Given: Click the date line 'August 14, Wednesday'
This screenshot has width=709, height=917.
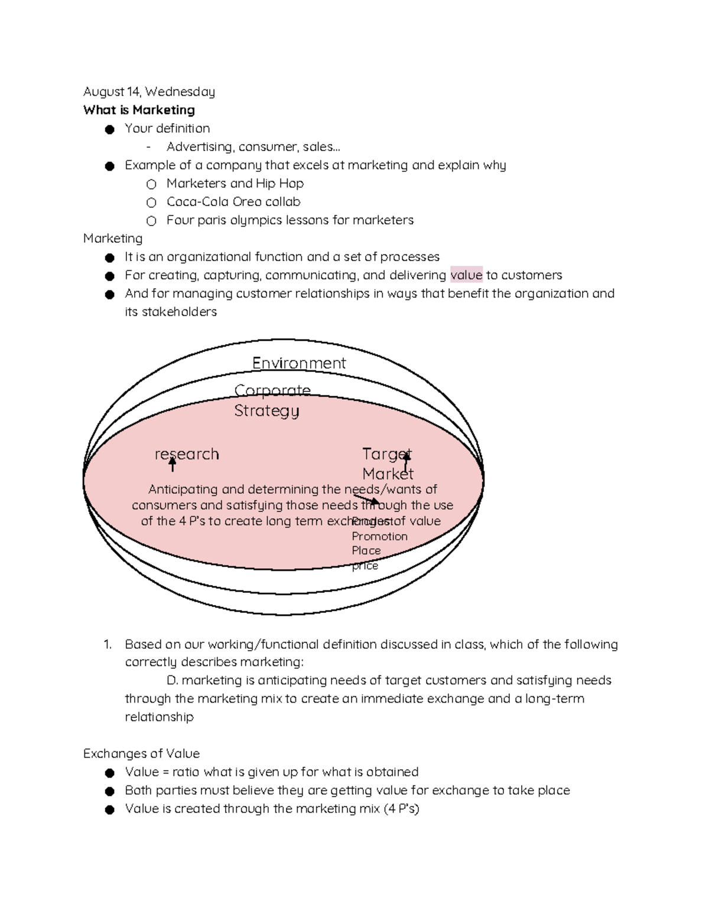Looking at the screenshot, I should point(149,92).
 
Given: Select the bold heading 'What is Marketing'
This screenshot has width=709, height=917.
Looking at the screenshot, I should point(139,110).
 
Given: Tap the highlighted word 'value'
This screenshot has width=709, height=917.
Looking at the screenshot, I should point(466,275).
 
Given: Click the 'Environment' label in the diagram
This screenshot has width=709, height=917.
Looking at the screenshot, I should point(299,363).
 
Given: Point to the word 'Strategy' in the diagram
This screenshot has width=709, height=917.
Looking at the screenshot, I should point(266,410).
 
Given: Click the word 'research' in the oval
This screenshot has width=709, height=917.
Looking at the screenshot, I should point(187,453).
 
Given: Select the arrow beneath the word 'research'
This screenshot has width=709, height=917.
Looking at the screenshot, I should point(173,465).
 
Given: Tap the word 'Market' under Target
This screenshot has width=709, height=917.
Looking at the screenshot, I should point(388,474).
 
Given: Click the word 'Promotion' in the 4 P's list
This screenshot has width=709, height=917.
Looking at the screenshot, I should point(379,536).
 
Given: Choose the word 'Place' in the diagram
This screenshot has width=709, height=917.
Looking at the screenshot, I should point(366,550).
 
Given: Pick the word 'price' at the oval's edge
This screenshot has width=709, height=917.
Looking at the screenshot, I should point(365,565).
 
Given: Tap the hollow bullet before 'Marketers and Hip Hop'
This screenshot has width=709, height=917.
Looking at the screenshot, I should point(151,184).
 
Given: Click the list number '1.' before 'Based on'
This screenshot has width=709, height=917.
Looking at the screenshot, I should point(107,644).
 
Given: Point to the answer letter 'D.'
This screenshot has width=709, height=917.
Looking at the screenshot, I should point(173,680).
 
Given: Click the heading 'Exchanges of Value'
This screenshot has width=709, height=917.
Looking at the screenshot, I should point(141,753).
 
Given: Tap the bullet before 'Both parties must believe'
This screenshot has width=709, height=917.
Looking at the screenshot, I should point(109,791).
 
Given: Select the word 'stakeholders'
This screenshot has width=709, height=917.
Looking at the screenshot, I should point(171,312).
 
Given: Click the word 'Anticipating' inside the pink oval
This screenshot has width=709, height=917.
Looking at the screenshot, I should point(183,489).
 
